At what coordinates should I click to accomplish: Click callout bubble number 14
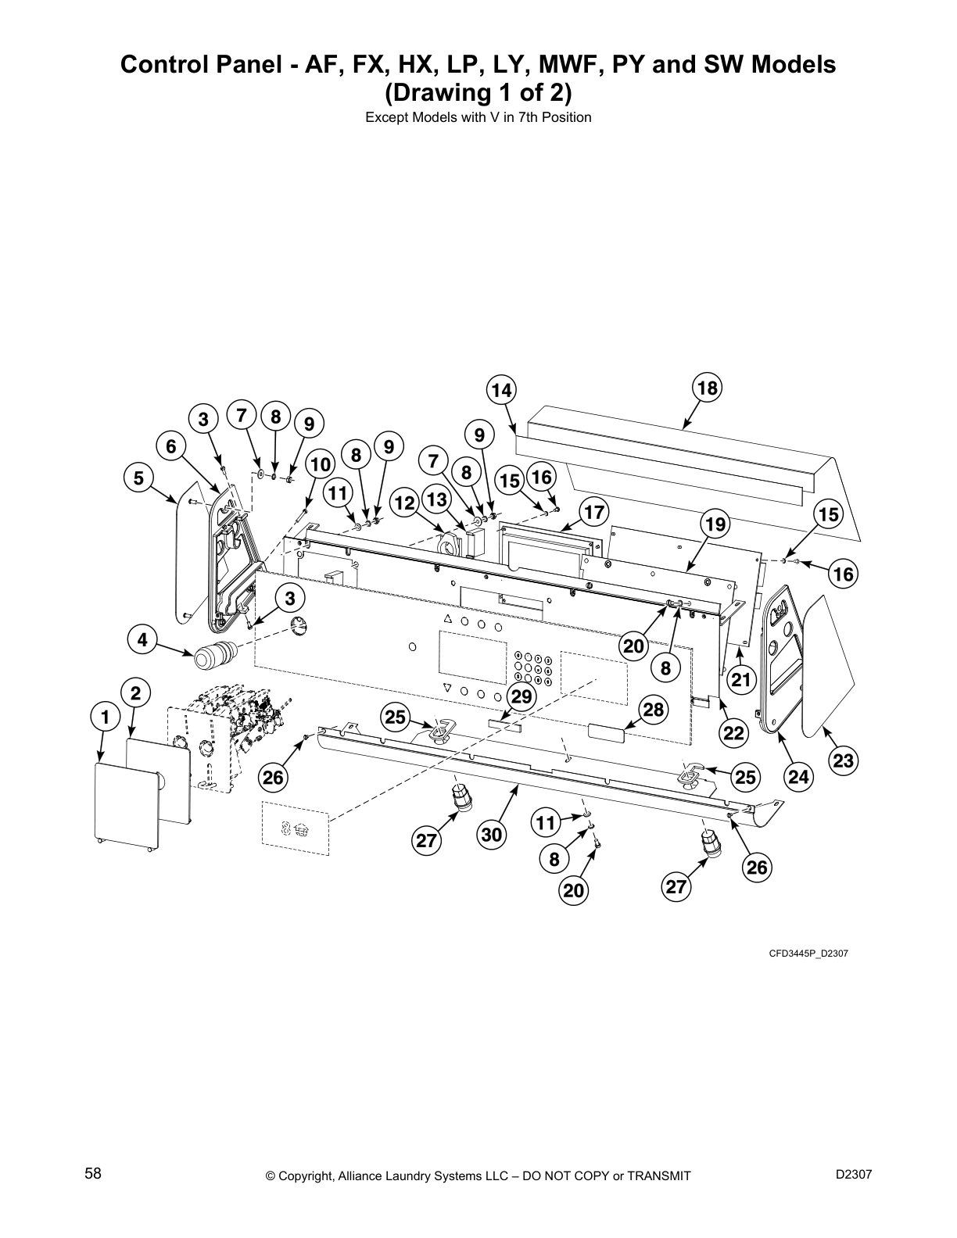click(501, 390)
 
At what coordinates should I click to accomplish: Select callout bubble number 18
click(707, 388)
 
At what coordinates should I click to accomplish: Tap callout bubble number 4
click(142, 640)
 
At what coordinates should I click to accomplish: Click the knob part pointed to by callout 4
click(213, 652)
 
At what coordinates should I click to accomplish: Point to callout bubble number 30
click(491, 835)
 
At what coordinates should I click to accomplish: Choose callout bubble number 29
click(521, 696)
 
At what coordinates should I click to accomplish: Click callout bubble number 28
click(654, 709)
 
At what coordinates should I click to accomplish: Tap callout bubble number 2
click(136, 692)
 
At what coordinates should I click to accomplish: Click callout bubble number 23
click(844, 760)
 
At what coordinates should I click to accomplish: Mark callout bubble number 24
click(797, 777)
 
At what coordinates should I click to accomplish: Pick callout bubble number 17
click(594, 512)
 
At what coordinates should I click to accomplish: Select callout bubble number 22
click(734, 732)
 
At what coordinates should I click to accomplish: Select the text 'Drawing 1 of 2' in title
click(478, 92)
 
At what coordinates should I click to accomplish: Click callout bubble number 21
click(740, 680)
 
